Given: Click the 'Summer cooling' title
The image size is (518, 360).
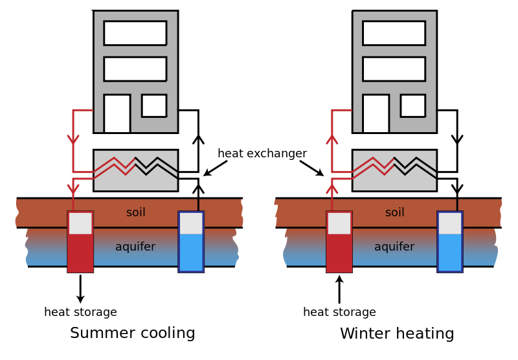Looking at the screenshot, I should (132, 333).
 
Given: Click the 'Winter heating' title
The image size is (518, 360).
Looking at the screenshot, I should (396, 334).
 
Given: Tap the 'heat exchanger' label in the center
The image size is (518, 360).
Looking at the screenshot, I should (262, 153).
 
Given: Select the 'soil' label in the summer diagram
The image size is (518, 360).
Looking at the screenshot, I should (136, 212).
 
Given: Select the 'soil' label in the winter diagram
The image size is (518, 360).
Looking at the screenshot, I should (394, 212).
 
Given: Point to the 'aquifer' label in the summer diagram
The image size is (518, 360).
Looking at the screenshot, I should (135, 247).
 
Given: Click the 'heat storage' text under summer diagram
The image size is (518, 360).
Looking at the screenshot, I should (80, 312).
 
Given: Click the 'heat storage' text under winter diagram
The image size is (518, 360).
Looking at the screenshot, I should (339, 312).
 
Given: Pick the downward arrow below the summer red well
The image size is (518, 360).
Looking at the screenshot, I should (80, 289).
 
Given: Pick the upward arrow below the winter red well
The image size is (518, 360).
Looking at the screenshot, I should (339, 289).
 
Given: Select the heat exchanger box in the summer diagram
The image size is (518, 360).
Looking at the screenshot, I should (135, 170).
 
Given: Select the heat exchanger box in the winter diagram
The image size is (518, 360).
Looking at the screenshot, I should (394, 170).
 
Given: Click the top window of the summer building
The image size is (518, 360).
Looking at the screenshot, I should (135, 33).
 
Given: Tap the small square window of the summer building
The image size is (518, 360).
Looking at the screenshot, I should (154, 106).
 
